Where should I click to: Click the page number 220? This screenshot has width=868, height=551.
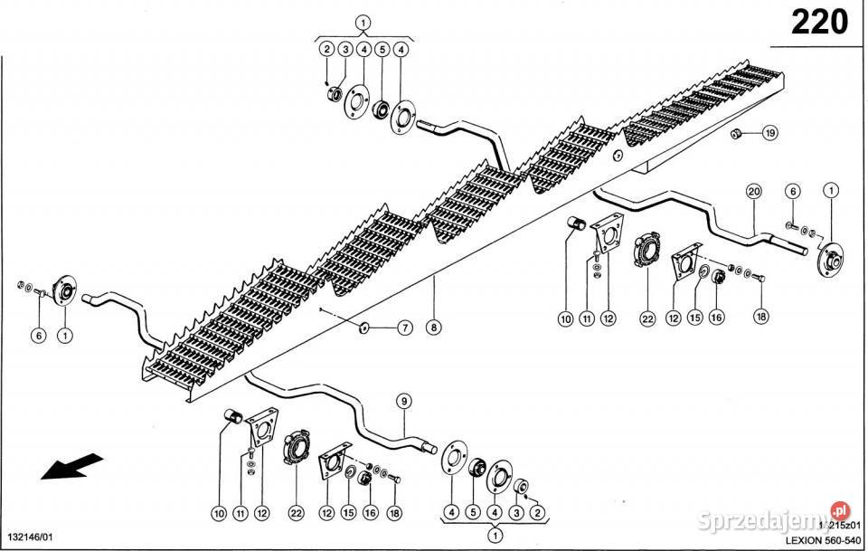[x=819, y=22]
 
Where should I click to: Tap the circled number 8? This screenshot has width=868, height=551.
[x=434, y=328]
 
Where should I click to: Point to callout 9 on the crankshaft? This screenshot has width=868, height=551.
[x=403, y=400]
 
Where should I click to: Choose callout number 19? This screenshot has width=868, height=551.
[x=769, y=133]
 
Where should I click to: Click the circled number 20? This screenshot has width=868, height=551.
[x=754, y=190]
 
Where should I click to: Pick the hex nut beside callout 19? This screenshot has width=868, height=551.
[x=737, y=134]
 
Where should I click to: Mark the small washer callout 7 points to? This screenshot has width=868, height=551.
[x=363, y=327]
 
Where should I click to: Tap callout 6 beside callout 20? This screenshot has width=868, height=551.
[x=792, y=190]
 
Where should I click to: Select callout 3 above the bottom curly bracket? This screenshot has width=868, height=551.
[x=517, y=511]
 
